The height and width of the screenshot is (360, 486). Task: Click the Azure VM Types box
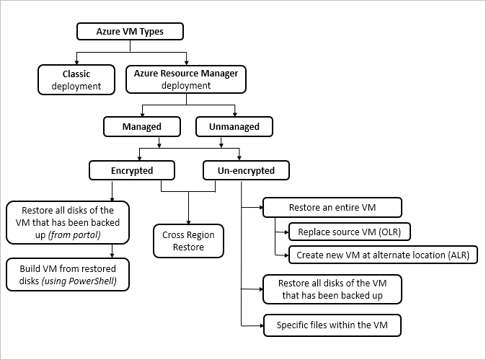[130, 32]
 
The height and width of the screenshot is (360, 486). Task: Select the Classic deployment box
[76, 79]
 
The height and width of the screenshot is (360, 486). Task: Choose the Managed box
[142, 127]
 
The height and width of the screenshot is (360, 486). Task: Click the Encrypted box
[132, 170]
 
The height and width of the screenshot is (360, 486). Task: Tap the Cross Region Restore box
[188, 241]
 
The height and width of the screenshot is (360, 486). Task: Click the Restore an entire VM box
[331, 208]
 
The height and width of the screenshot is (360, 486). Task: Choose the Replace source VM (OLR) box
[349, 232]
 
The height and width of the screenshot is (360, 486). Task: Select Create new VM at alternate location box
[382, 255]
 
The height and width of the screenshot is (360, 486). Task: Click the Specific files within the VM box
[331, 325]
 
